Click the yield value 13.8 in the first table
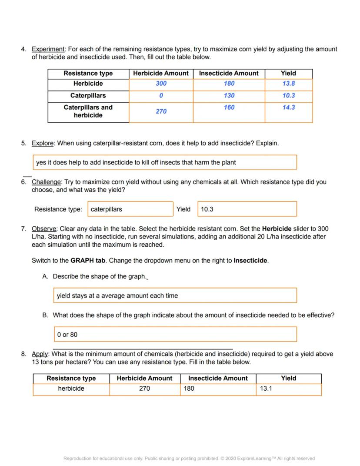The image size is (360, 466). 288,84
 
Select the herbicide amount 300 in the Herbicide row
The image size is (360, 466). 161,84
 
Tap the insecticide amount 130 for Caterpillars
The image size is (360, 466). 229,95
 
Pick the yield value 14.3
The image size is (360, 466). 288,107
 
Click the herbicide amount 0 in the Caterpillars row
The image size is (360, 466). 161,95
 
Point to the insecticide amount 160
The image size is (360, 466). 229,107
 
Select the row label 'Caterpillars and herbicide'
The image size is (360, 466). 88,111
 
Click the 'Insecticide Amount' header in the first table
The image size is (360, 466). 229,73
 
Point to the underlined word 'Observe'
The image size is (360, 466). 44,229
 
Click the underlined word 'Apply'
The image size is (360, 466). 40,354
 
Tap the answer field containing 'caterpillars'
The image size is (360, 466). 130,209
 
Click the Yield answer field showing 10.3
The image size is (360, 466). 247,209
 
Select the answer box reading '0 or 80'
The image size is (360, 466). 175,335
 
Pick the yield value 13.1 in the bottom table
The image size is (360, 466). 266,389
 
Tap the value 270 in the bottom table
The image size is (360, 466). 145,389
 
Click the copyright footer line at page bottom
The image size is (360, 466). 189,458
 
